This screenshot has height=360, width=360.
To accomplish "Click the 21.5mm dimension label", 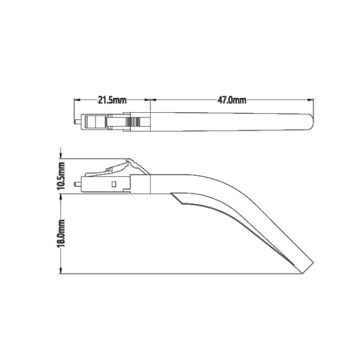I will point(112,100).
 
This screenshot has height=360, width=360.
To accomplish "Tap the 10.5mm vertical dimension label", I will point(60,176).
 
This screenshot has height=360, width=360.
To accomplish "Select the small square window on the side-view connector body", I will point(113,182).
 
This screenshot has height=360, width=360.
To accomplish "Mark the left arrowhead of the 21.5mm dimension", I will point(76,100).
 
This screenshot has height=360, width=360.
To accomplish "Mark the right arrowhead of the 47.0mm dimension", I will point(312,100).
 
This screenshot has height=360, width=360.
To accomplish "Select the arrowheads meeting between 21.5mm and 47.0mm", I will point(149,100).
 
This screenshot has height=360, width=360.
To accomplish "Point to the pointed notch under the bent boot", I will point(173,195).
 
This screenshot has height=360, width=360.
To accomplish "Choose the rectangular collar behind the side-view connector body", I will point(140,184).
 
